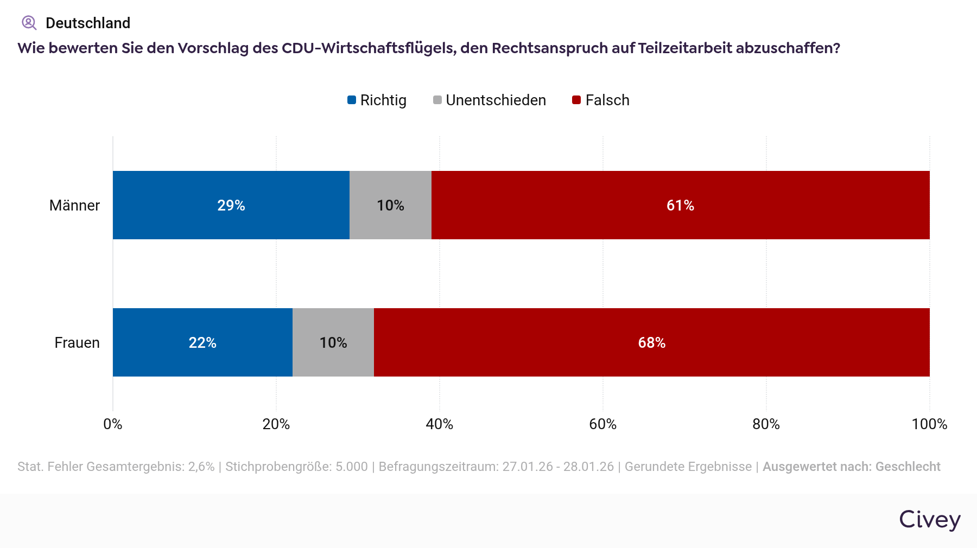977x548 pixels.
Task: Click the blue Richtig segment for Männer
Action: (231, 205)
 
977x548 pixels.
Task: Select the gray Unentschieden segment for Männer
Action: (390, 205)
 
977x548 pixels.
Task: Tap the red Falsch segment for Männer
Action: (680, 205)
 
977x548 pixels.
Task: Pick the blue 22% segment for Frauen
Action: (202, 342)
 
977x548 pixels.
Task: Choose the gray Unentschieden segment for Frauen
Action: (333, 342)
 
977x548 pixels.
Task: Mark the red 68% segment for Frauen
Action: (651, 342)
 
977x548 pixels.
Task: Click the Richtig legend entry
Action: (377, 100)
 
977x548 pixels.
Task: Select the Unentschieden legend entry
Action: (490, 100)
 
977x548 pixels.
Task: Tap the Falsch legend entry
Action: (601, 100)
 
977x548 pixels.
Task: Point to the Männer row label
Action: (74, 206)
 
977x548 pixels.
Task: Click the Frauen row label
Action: (77, 343)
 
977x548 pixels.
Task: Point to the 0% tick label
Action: (113, 424)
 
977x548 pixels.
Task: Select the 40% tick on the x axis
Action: (439, 424)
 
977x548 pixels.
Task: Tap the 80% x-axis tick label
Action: (766, 424)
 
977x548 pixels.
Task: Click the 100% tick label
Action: (929, 424)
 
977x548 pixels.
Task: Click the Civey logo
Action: (930, 520)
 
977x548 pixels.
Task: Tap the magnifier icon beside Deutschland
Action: (29, 23)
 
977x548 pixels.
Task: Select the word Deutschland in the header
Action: (88, 23)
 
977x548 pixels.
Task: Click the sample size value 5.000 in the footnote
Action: (352, 467)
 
